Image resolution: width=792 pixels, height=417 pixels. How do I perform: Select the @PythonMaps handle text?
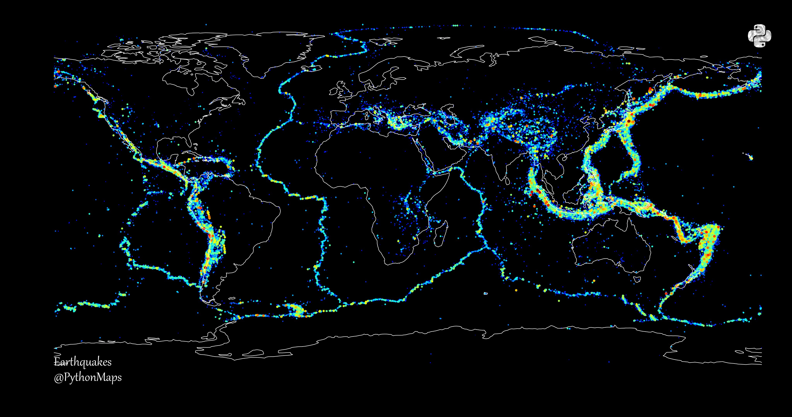(x=88, y=378)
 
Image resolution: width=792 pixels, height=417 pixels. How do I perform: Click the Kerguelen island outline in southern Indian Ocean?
(x=486, y=293)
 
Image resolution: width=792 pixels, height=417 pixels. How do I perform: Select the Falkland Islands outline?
(x=231, y=298)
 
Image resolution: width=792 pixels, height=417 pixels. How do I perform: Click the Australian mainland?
(x=612, y=246)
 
